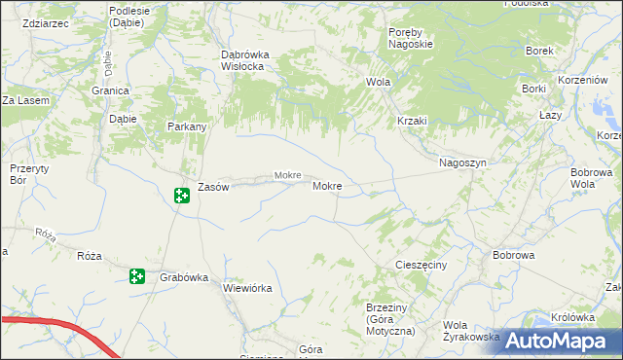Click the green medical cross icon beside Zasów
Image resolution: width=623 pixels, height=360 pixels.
click(182, 196)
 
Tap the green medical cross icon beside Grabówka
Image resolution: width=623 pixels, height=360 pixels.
click(137, 276)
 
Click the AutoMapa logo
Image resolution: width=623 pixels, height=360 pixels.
click(556, 341)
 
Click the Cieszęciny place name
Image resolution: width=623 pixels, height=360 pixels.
click(421, 265)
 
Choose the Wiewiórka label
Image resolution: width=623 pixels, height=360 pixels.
click(247, 288)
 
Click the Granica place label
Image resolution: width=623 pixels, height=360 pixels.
click(112, 90)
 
